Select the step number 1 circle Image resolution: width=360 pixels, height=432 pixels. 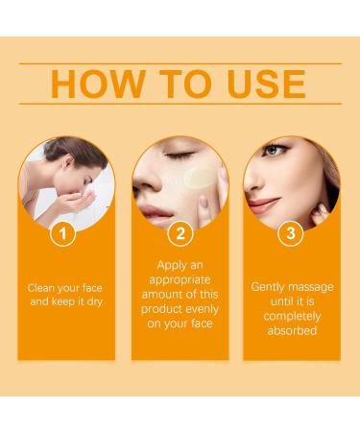(63, 232)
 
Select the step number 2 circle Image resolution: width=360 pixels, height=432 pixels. (180, 232)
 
